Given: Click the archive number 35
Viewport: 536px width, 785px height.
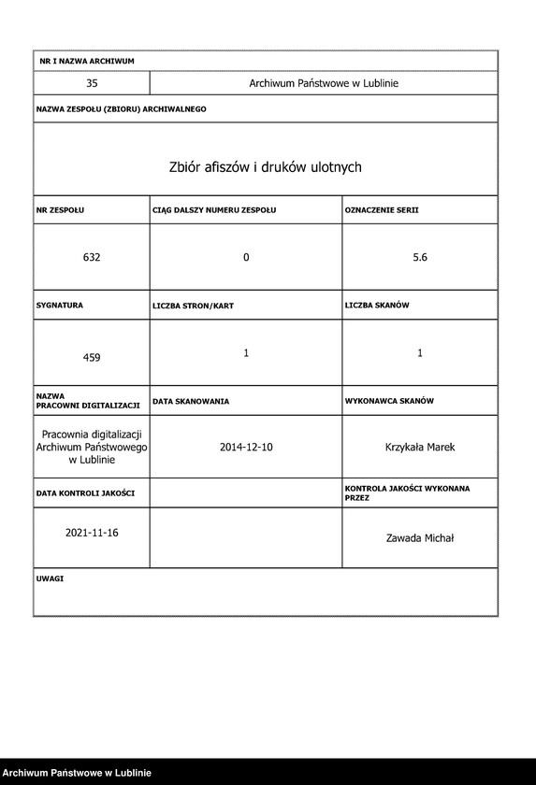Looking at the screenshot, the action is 92,83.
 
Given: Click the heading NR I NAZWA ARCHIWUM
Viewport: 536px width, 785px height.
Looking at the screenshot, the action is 87,61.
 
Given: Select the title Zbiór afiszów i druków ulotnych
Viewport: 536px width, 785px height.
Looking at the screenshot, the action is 265,167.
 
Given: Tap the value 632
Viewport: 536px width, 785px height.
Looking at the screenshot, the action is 92,257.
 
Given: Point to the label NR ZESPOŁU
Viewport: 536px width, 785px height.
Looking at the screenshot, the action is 60,210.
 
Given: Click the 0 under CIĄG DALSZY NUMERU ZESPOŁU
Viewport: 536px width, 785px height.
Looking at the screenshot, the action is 246,257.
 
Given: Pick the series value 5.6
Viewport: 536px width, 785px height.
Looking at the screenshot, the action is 420,257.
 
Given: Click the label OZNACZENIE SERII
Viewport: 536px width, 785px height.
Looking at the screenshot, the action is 382,210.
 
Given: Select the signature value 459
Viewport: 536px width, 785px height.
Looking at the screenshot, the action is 92,357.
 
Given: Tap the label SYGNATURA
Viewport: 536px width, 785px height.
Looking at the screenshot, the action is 60,305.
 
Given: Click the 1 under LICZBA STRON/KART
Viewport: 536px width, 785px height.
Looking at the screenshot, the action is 246,352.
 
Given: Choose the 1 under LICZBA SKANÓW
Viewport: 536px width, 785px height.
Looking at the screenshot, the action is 420,352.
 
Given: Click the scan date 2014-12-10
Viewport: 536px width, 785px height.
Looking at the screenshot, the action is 246,448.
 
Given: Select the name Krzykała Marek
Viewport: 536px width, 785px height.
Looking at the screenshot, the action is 420,448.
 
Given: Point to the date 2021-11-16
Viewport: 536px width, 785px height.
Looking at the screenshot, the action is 92,532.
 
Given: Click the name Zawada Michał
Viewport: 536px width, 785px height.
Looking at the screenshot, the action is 420,537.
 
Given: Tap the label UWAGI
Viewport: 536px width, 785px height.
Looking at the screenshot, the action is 51,578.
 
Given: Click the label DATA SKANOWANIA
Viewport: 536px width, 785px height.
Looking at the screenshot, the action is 191,401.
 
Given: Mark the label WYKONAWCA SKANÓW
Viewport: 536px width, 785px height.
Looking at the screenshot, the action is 389,401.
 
